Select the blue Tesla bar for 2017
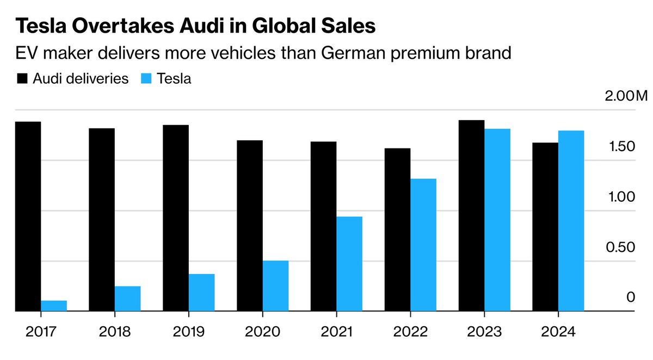coord(54,306)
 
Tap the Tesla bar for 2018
coord(127,299)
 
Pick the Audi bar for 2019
coord(176,218)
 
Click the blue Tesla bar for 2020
coord(275,286)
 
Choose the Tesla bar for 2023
coord(497,220)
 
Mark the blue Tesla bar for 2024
coord(571,221)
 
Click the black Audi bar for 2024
coord(545,227)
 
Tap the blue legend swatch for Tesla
coord(145,78)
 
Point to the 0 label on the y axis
coord(631,297)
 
